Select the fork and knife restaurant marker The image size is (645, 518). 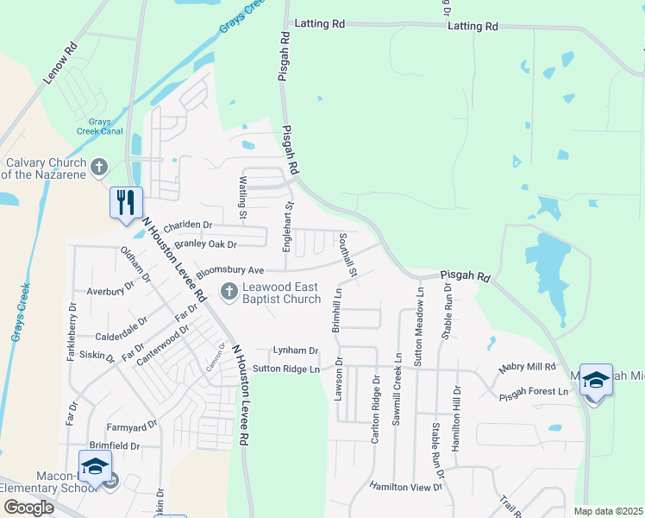pyautogui.click(x=126, y=203)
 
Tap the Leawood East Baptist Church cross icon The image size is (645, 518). pyautogui.click(x=229, y=291)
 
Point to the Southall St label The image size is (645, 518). pyautogui.click(x=348, y=255)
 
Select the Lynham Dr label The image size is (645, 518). pyautogui.click(x=295, y=351)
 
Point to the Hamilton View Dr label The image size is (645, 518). pyautogui.click(x=404, y=487)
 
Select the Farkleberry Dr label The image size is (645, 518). pyautogui.click(x=72, y=331)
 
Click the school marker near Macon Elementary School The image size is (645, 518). pyautogui.click(x=95, y=465)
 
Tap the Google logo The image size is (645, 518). pyautogui.click(x=29, y=507)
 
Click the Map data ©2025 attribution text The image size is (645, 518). pyautogui.click(x=608, y=511)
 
